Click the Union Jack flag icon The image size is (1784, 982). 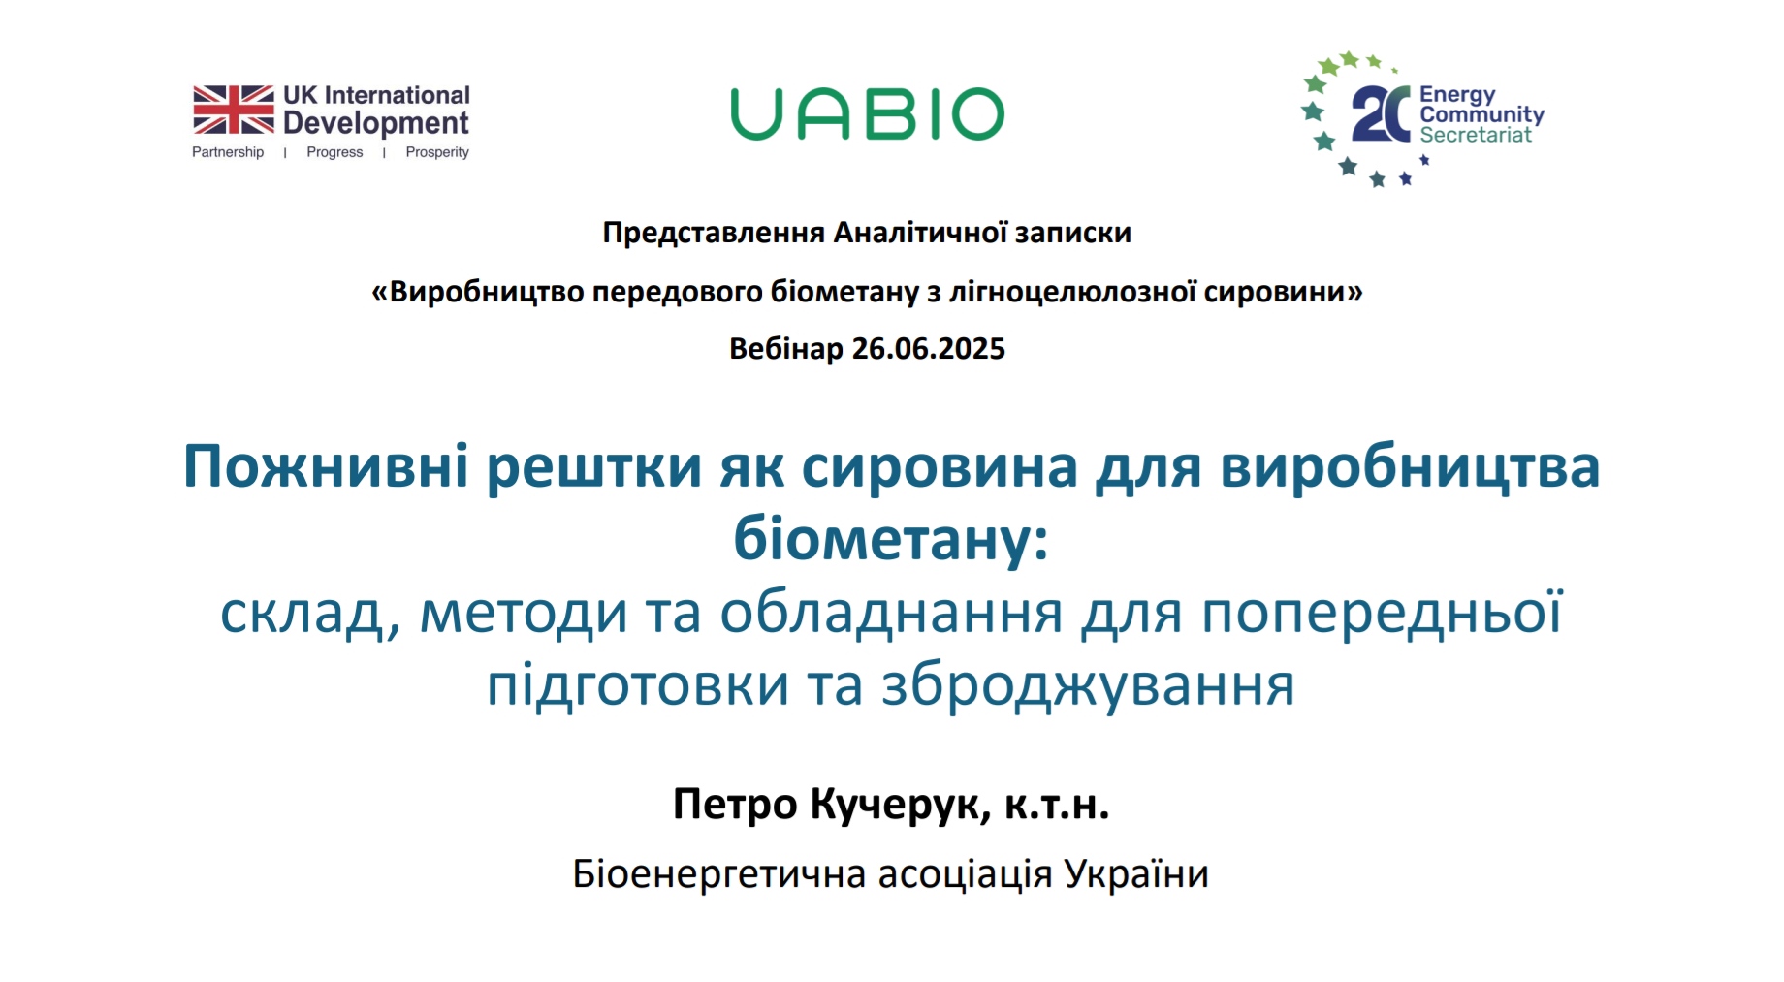(234, 110)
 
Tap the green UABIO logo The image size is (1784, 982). (868, 114)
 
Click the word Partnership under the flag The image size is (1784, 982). (228, 152)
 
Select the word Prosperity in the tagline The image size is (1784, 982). (437, 152)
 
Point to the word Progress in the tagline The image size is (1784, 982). (334, 152)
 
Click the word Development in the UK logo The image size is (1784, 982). (376, 123)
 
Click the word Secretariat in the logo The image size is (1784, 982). (1476, 135)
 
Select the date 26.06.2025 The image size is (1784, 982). (929, 348)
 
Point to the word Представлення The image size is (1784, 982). (714, 233)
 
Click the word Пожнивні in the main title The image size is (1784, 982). (327, 466)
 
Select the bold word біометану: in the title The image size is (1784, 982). (891, 538)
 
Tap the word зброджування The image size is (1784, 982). (1088, 685)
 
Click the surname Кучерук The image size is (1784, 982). (901, 804)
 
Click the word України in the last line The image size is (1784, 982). (1136, 873)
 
